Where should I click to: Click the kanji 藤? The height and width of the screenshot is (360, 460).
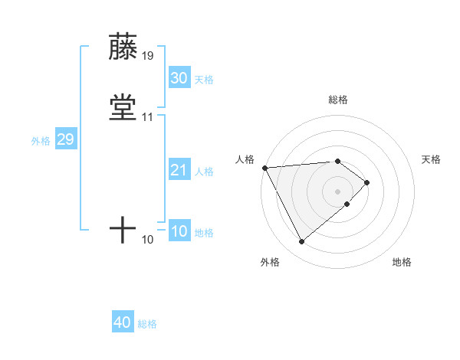(x=123, y=47)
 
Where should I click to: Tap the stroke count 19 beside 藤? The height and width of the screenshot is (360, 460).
(x=147, y=56)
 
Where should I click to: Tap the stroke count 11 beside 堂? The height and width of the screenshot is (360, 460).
(x=147, y=117)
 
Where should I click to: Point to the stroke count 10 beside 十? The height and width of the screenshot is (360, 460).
(x=147, y=240)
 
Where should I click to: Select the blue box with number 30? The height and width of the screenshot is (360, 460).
(x=179, y=78)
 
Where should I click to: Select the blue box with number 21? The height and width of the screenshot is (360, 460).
(x=179, y=170)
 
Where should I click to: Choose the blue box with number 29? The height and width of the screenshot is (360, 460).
(x=65, y=139)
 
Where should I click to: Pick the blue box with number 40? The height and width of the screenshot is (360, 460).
(x=123, y=322)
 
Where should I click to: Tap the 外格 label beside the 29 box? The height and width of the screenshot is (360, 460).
(x=40, y=141)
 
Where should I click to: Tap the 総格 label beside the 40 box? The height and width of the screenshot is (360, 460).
(x=147, y=324)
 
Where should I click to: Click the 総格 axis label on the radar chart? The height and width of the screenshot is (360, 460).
(x=338, y=100)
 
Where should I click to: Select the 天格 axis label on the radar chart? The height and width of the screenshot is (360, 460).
(x=432, y=159)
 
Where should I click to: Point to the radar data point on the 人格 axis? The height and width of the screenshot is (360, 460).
(x=264, y=168)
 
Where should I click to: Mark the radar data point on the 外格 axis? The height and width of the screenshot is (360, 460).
(x=301, y=242)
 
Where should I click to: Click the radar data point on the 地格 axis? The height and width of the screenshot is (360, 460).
(x=347, y=204)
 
